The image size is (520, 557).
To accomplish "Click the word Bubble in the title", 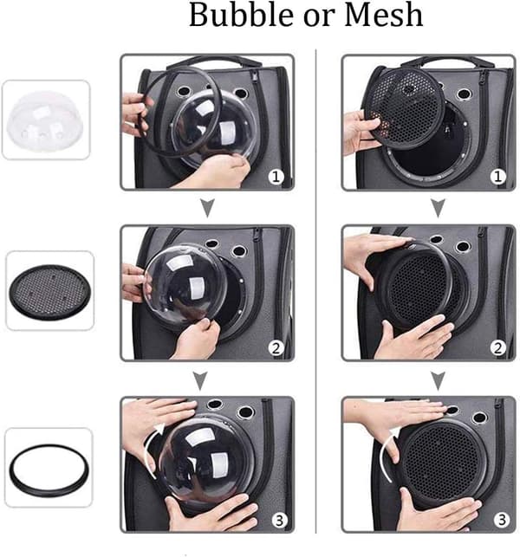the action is (x=243, y=15).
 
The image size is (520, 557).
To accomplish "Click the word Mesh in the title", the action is (x=384, y=15).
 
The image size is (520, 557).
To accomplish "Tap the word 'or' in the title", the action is (x=320, y=18).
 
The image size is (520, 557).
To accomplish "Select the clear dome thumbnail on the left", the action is (x=45, y=120).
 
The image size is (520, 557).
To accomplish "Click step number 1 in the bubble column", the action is (x=276, y=177).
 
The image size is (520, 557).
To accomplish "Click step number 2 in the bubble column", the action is (x=276, y=348).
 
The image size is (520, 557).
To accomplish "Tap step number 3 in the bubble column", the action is (x=279, y=520).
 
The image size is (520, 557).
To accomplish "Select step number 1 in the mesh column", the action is (x=498, y=177).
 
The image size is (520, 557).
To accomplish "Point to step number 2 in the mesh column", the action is (x=498, y=348).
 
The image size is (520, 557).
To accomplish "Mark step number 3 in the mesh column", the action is (x=502, y=520).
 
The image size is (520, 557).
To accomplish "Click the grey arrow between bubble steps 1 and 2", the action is (x=208, y=208).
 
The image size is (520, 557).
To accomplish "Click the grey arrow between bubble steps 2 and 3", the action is (x=200, y=381).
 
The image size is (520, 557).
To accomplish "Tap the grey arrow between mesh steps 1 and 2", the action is (x=439, y=208).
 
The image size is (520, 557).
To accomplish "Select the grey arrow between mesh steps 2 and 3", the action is (x=439, y=381).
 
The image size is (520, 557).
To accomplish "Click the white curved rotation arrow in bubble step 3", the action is (x=148, y=449).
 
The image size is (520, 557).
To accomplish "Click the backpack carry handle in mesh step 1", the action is (x=447, y=61).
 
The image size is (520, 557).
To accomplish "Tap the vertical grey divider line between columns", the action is (x=316, y=291).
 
